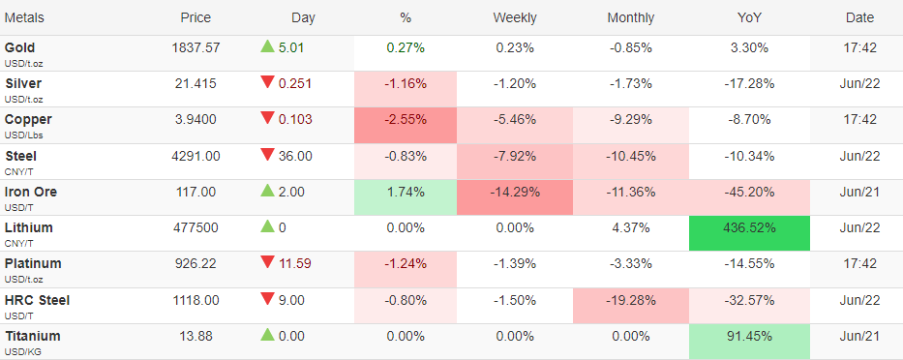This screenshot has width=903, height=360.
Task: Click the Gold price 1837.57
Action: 196,47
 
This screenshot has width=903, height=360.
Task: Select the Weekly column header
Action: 514,17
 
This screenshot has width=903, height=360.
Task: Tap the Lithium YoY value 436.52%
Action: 749,227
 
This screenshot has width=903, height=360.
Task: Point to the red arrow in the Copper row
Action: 267,118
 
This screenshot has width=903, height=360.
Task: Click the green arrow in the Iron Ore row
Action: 267,191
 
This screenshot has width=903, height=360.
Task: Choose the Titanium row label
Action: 32,336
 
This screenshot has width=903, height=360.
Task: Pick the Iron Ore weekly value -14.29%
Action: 514,192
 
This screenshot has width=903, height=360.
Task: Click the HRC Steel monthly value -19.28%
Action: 631,300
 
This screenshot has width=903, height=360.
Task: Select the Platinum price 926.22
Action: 196,264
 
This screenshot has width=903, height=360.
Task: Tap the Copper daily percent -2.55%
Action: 406,120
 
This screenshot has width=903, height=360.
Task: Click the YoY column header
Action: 749,17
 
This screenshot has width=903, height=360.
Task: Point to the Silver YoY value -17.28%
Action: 749,83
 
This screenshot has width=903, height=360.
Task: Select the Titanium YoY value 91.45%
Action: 749,336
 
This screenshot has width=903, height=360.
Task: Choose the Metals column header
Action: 24,17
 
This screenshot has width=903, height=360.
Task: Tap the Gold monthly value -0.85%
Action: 631,47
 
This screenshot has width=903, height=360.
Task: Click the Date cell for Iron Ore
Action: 859,192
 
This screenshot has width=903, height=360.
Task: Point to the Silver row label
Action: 23,83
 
